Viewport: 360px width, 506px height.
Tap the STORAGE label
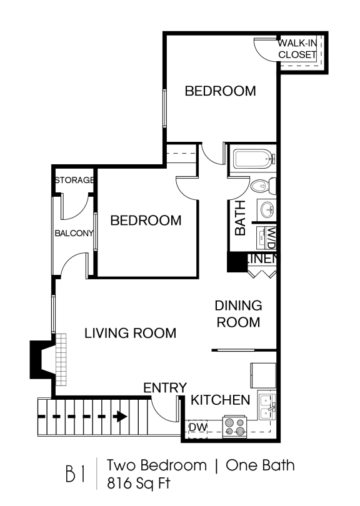[74, 180]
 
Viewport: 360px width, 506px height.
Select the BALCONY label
[73, 234]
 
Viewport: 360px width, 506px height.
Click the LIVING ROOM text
[130, 333]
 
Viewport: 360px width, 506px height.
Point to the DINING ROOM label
[237, 314]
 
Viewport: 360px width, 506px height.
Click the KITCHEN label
[220, 400]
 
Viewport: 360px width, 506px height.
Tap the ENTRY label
[165, 387]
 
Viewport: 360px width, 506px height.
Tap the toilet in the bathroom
[261, 185]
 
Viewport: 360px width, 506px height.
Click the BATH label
[240, 217]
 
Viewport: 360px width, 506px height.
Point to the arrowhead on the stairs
[120, 415]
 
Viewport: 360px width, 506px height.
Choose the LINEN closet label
[262, 259]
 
